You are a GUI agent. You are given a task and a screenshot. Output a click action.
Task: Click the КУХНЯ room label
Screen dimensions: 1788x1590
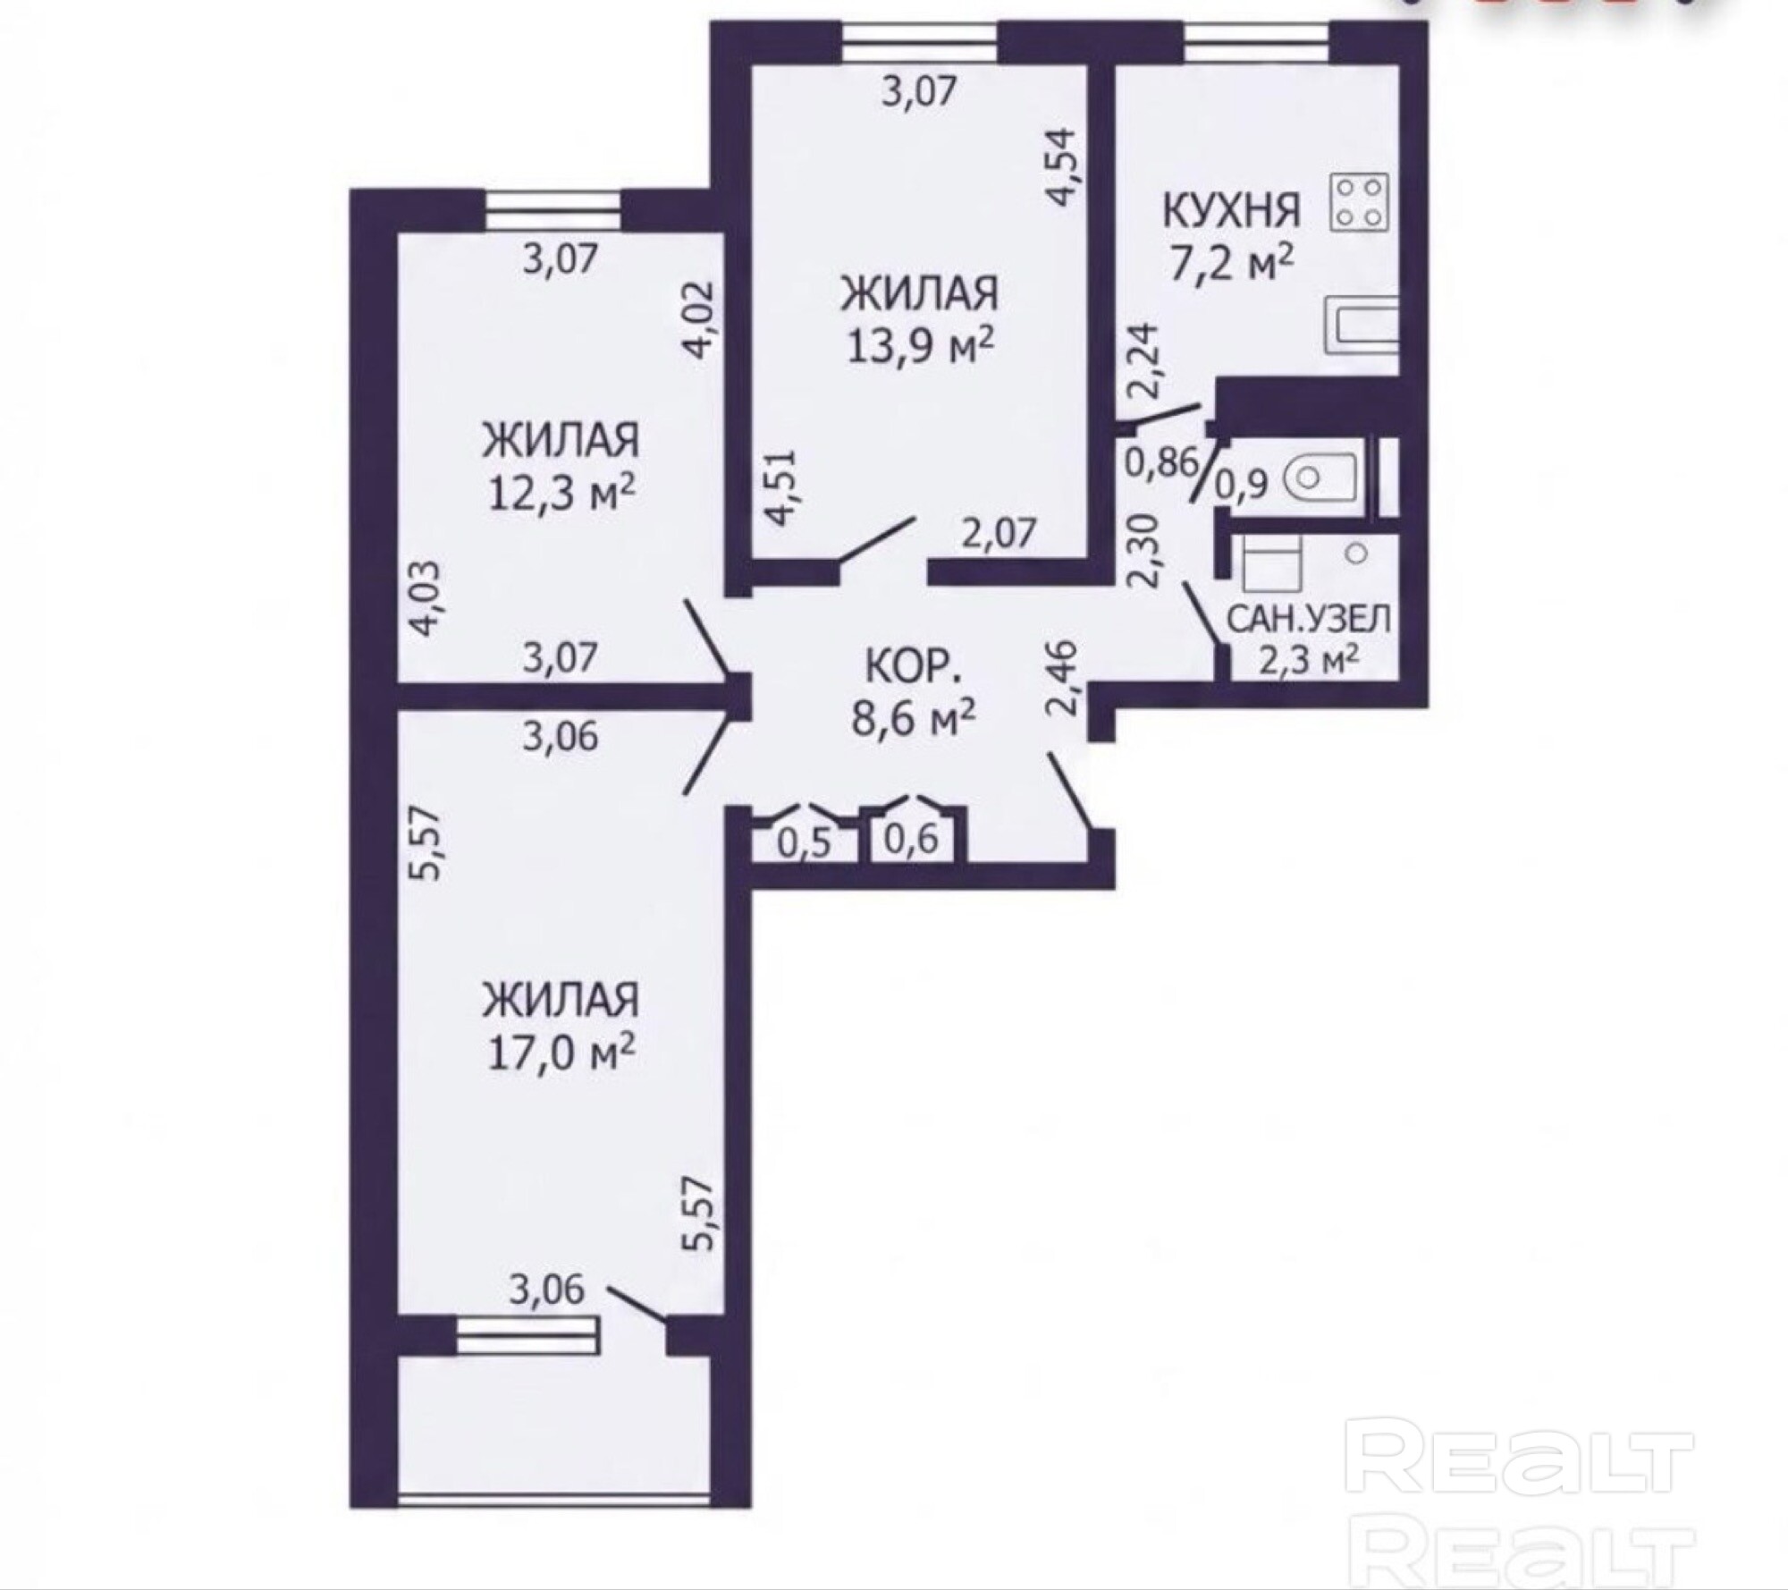(1230, 211)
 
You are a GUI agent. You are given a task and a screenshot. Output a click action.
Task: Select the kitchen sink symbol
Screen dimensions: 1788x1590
(1359, 325)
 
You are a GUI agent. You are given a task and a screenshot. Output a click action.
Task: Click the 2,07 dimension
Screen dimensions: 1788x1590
(999, 534)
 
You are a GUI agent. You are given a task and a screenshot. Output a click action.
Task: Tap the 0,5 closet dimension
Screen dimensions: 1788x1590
(804, 842)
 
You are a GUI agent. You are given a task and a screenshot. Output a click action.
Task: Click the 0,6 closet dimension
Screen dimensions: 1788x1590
(911, 839)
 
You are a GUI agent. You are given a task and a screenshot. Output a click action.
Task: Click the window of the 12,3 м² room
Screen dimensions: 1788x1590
(552, 210)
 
